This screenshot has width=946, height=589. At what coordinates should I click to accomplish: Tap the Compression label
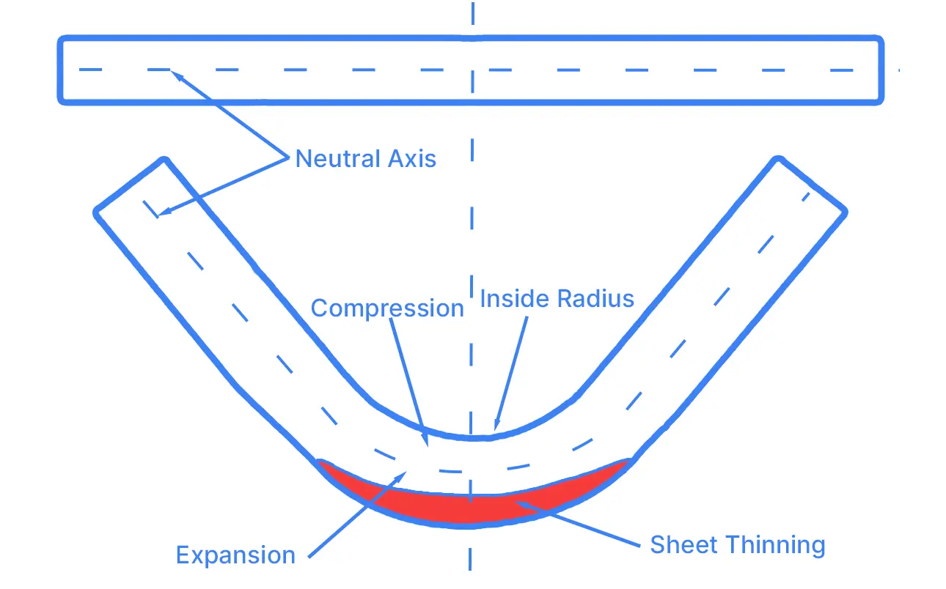point(387,308)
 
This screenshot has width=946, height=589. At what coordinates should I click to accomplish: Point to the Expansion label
point(235,555)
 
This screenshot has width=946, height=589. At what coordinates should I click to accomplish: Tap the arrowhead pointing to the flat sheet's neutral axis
point(173,72)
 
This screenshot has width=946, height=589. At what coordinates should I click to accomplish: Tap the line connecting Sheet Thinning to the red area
point(579,523)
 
